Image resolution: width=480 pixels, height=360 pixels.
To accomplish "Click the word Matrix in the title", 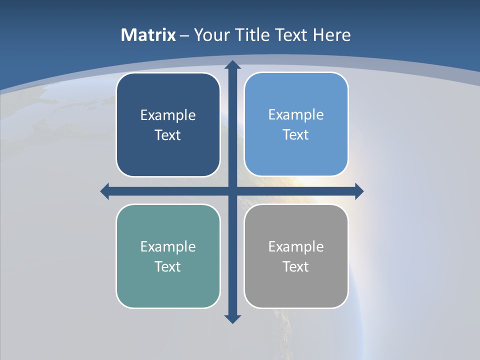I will point(148,35).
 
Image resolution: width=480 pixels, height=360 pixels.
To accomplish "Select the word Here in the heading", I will point(332,35).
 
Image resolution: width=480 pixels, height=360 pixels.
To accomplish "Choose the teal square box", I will point(168,285).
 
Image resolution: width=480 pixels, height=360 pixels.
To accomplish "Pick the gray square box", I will point(296,285).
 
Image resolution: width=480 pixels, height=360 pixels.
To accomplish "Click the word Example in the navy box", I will point(168,115).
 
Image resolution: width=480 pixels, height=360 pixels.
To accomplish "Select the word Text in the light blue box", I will point(296,135).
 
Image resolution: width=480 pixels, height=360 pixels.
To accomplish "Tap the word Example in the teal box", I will point(168,247).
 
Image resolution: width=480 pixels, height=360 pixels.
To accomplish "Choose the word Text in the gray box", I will point(296,267).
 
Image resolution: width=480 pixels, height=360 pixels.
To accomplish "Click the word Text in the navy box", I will point(168,135).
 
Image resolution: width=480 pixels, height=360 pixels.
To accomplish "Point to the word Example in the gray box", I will point(296,247).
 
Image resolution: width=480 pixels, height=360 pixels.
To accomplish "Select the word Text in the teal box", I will point(168,267).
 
